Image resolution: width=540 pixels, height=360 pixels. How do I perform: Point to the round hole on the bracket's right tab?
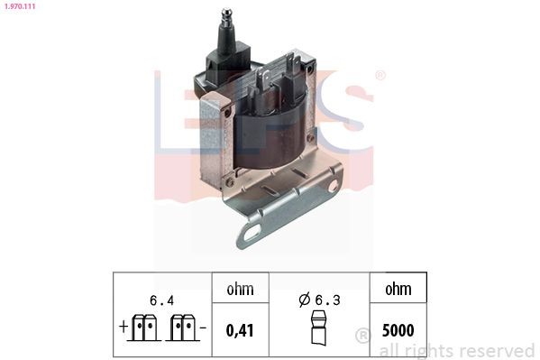tap(334, 185)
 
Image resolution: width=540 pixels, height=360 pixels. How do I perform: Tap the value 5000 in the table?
tap(398, 330)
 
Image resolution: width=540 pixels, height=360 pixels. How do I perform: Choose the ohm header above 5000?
tap(398, 290)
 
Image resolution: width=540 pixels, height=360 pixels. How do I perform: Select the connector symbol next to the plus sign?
tap(144, 328)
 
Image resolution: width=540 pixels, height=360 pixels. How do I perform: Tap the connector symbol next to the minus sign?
tap(182, 328)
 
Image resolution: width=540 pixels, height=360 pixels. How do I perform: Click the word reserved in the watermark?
tap(496, 350)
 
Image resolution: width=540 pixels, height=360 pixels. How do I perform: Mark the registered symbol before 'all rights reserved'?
tap(363, 336)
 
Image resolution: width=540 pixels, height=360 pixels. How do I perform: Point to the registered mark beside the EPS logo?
tap(380, 76)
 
